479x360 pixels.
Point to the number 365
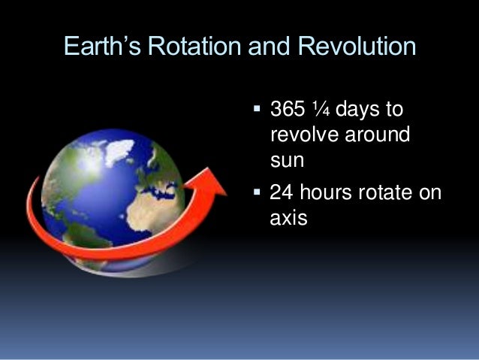tap(288, 110)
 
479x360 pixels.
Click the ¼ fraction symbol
tap(321, 110)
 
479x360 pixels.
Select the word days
tap(357, 110)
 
